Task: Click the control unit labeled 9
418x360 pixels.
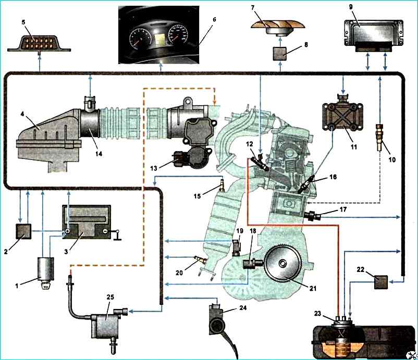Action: [371, 34]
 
